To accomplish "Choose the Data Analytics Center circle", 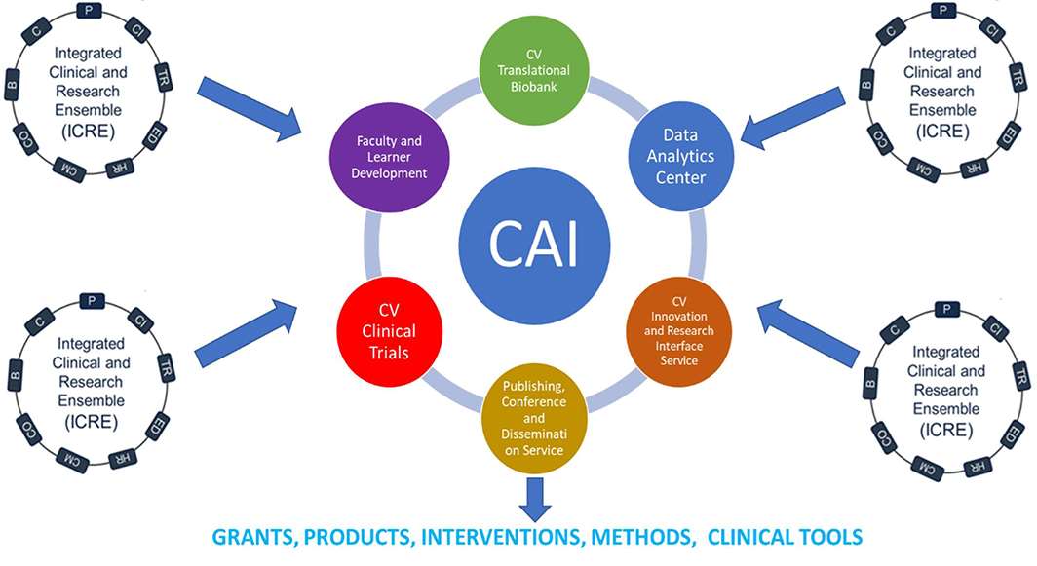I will tap(681, 157).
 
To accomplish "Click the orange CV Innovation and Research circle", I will tap(682, 331).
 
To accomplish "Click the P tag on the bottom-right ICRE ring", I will tap(943, 310).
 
